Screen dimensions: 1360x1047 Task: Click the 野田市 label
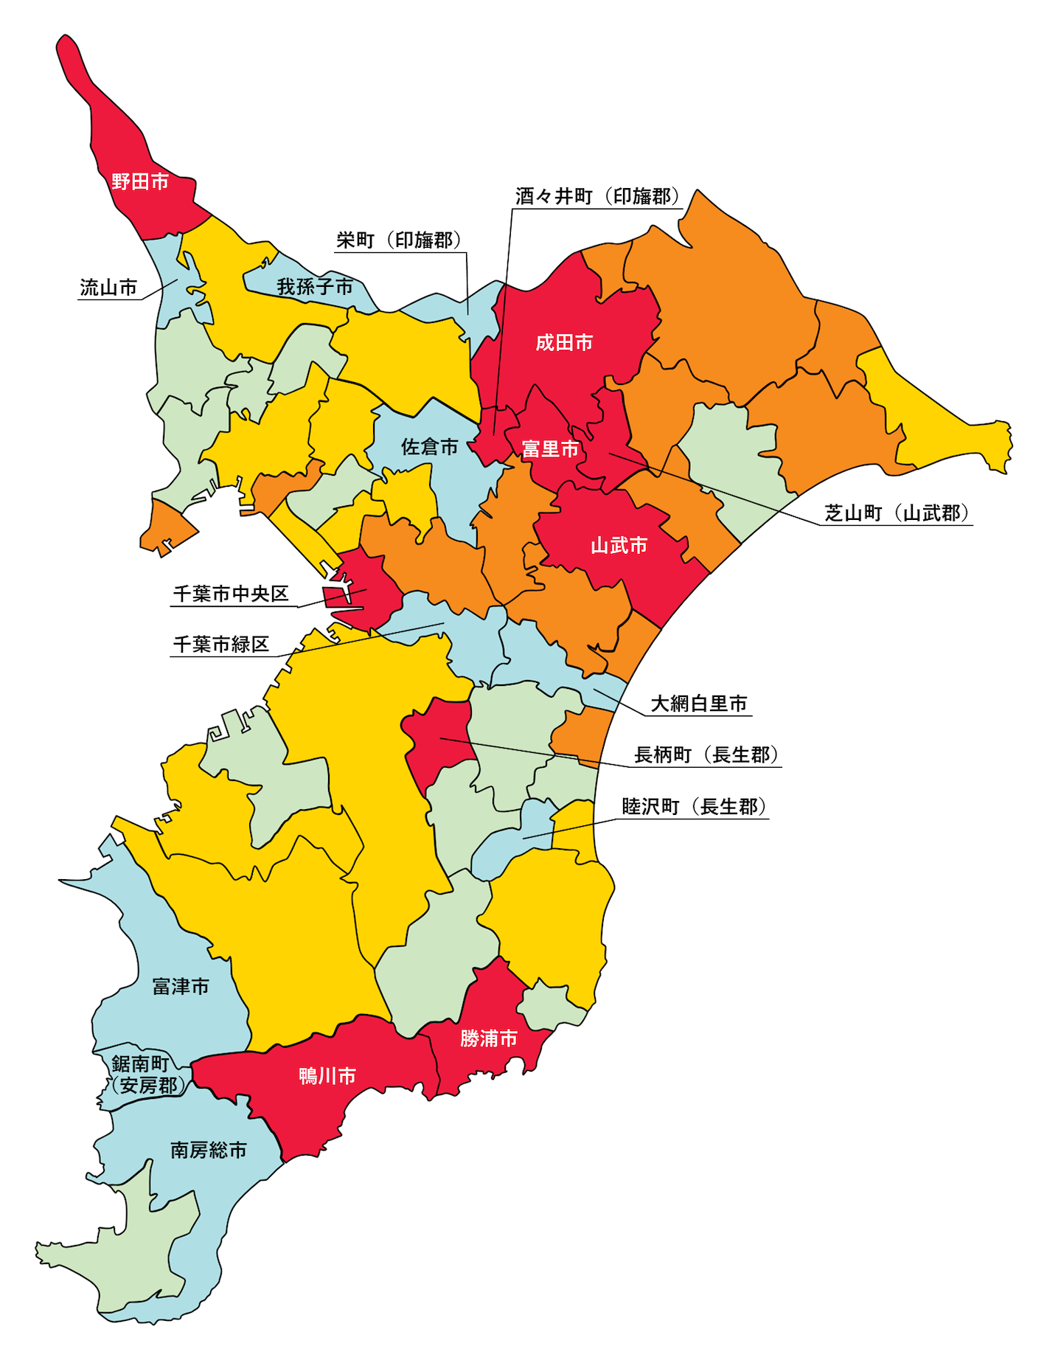(140, 181)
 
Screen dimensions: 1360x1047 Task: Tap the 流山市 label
(108, 288)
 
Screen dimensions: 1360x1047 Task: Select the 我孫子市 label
(315, 286)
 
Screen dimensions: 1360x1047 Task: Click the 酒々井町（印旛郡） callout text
(598, 196)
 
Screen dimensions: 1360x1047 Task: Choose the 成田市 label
(564, 342)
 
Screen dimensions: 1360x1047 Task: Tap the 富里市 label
(550, 448)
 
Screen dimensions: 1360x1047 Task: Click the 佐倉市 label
(429, 446)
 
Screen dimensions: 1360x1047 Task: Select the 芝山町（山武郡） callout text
(897, 513)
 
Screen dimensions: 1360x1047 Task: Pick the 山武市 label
(619, 545)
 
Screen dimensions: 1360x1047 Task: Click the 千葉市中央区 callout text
(231, 594)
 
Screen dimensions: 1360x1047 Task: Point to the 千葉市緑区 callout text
(220, 644)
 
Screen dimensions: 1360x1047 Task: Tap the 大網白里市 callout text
(699, 704)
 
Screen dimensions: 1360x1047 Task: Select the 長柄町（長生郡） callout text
(706, 754)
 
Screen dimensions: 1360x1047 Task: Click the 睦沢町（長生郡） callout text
(695, 806)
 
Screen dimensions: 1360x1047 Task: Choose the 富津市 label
(181, 986)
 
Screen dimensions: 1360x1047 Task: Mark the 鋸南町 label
(141, 1064)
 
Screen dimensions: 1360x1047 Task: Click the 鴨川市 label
(327, 1076)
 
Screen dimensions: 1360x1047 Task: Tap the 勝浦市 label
(488, 1038)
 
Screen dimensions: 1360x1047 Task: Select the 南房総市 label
(209, 1150)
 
